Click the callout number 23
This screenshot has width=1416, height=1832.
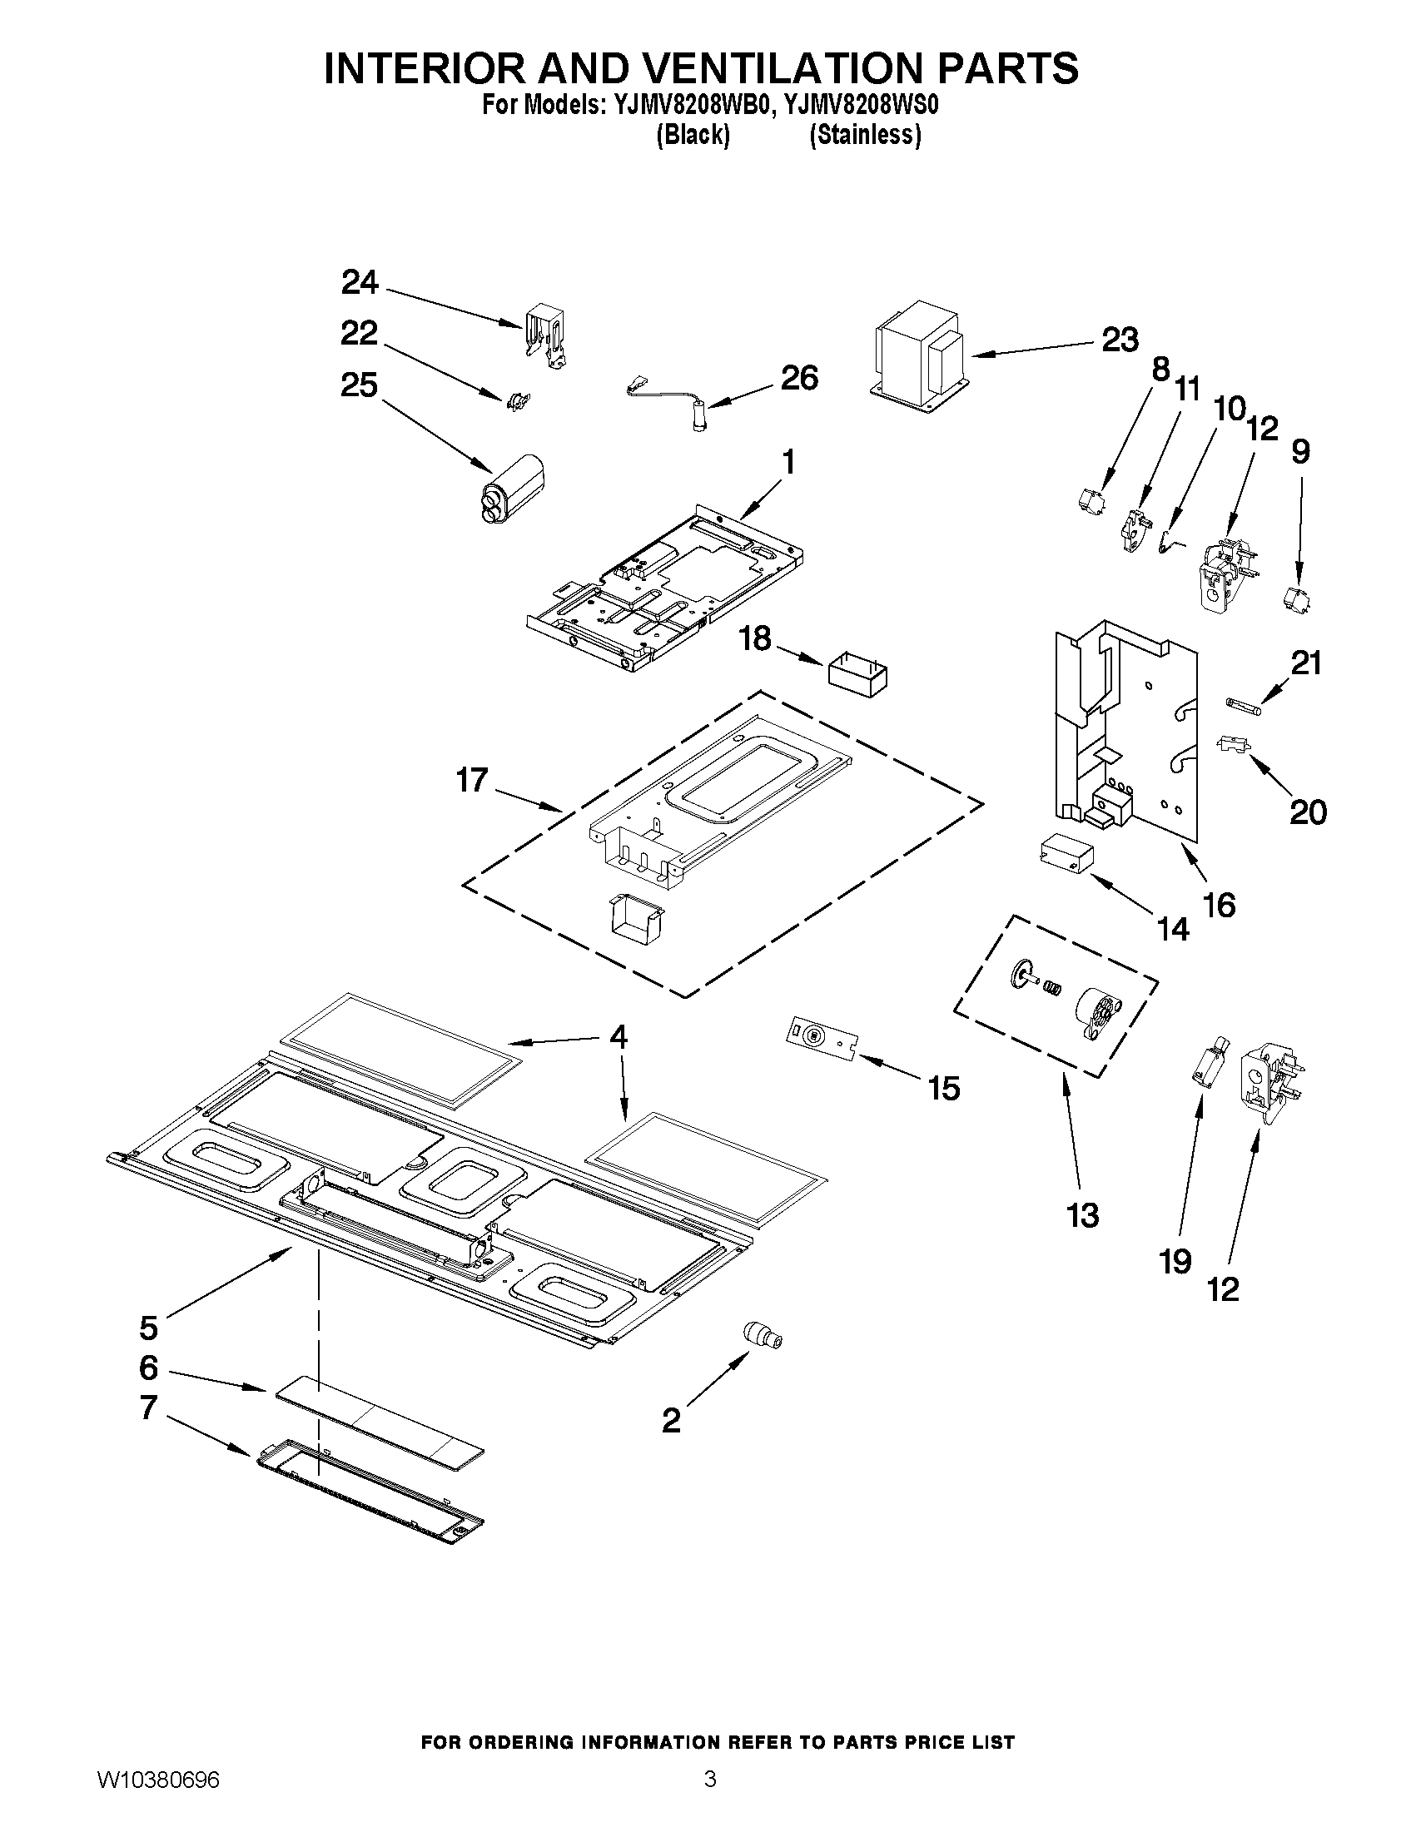click(x=1120, y=340)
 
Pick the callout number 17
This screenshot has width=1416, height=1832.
click(x=471, y=780)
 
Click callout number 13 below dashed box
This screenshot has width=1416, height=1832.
click(x=1083, y=1214)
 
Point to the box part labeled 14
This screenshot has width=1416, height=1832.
click(x=1066, y=856)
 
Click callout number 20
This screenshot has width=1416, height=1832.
click(x=1307, y=812)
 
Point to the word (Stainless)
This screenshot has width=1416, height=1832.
click(x=865, y=135)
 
